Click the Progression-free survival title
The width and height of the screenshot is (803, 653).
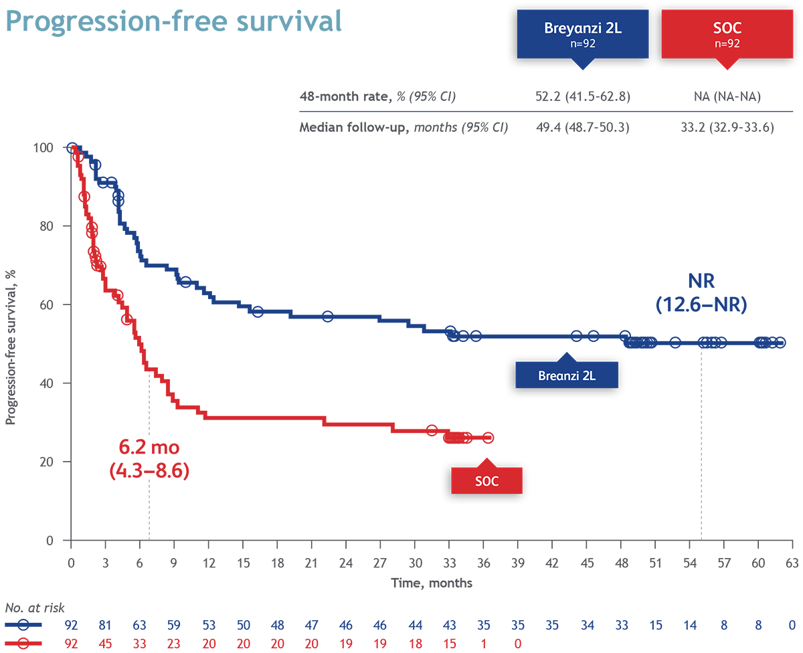(x=174, y=21)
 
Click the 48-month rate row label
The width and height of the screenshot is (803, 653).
(x=377, y=96)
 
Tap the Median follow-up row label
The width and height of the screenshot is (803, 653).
(x=403, y=127)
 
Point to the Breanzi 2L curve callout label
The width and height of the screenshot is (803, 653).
(x=566, y=376)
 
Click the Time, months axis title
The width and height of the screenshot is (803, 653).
(x=432, y=583)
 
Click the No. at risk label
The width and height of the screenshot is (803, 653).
(x=32, y=608)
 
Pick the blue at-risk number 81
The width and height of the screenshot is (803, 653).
(x=106, y=626)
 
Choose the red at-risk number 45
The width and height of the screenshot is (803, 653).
(x=106, y=642)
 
